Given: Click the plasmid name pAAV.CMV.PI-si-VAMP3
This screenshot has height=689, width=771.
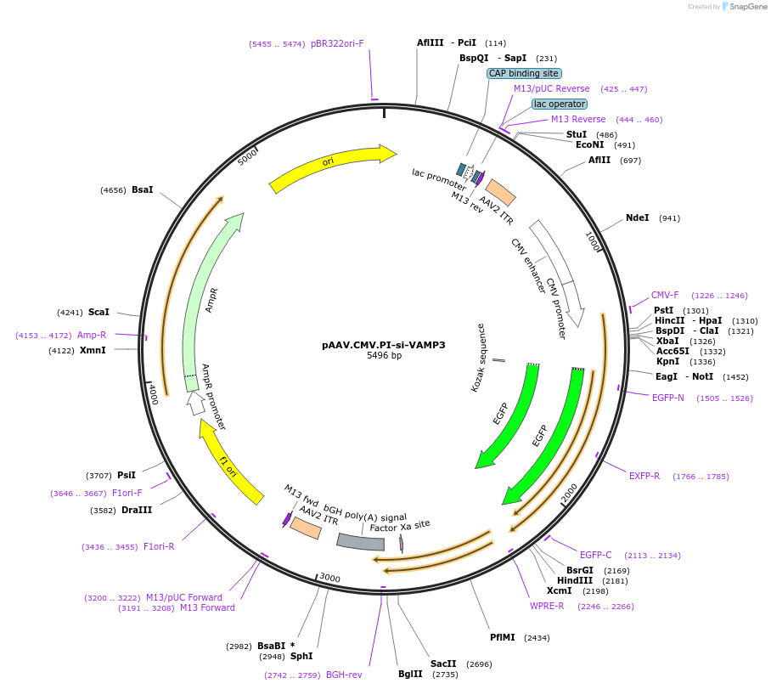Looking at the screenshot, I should click(383, 345).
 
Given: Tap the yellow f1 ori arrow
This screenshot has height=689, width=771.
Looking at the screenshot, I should click(230, 464).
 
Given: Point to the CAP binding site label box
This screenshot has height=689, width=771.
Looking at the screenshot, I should click(524, 73).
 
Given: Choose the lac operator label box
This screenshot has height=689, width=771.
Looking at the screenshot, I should click(559, 104).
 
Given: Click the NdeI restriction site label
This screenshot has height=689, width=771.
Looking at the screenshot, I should click(637, 217).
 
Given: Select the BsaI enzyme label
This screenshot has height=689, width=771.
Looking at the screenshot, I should click(142, 189).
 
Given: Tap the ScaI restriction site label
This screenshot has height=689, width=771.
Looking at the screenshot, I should click(99, 312).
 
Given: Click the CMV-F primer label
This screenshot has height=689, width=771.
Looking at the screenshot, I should click(665, 295).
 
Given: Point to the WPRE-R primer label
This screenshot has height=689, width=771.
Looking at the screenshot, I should click(547, 606).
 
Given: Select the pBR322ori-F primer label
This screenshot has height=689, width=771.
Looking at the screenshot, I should click(337, 43).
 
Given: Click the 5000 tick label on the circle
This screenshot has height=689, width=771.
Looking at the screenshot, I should click(247, 158).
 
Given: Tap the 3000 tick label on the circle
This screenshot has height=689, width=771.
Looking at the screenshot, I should click(329, 579).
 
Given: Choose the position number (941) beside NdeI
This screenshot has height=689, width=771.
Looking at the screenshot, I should click(669, 218).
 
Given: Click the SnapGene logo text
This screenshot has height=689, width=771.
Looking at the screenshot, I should click(744, 7).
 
